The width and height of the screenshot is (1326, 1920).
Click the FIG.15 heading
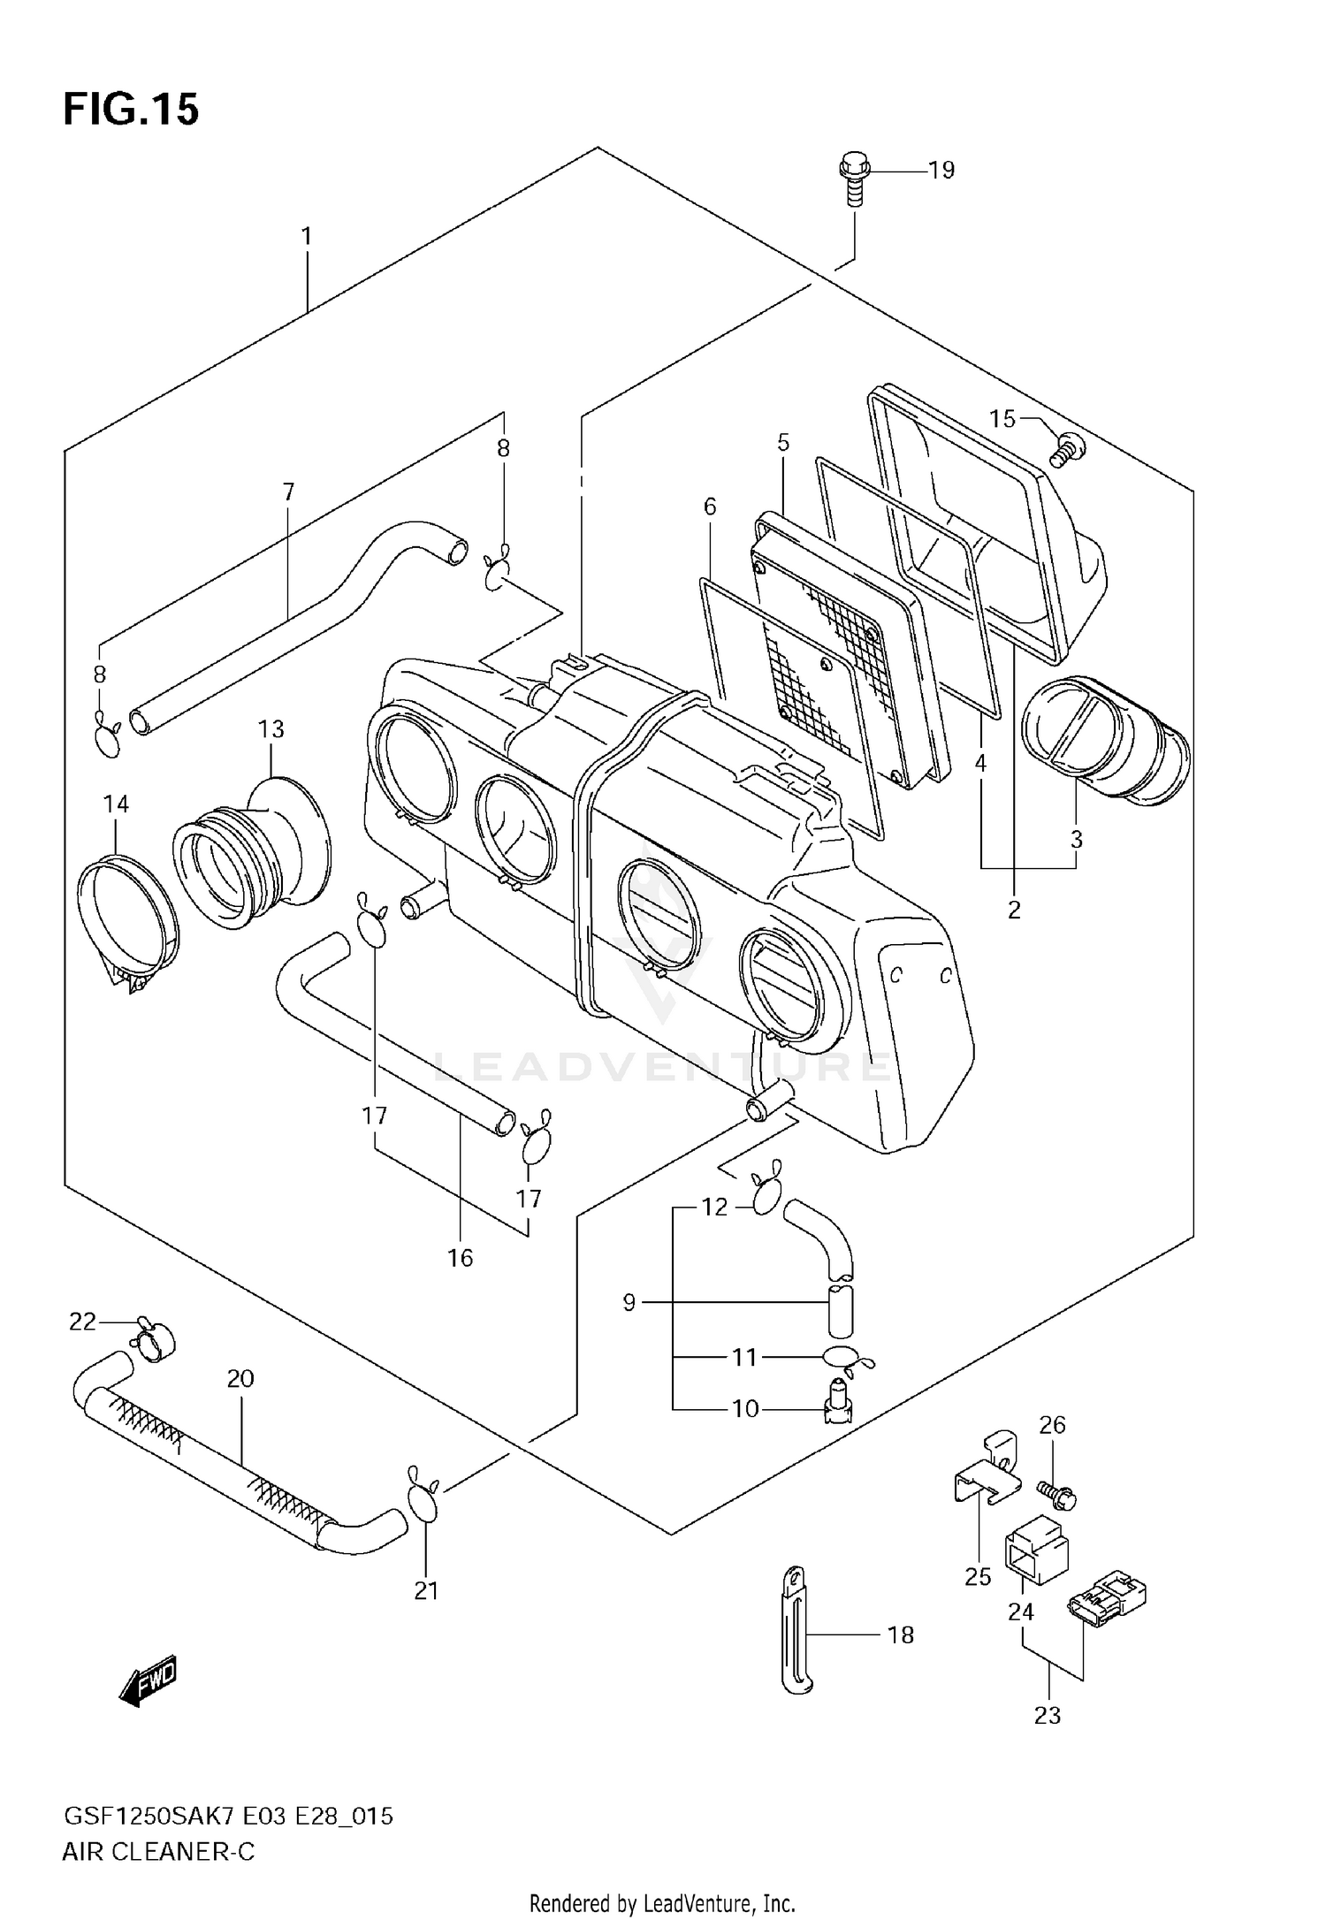coord(131,110)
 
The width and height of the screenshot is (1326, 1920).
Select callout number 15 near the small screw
coord(1002,418)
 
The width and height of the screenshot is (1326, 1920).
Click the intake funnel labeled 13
coord(256,849)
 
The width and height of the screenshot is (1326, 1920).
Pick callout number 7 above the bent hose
coord(288,492)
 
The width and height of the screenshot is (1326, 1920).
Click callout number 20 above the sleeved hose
coord(240,1378)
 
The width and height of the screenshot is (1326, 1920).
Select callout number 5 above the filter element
coord(783,442)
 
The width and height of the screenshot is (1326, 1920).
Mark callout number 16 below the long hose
coord(460,1257)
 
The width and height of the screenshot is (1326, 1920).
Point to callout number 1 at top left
coord(306,236)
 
